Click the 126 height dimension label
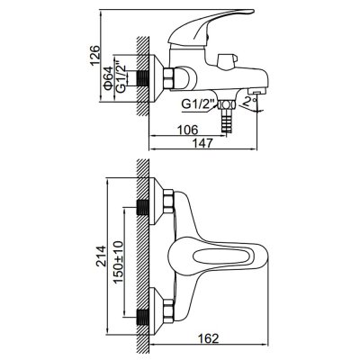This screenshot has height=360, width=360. click(x=94, y=55)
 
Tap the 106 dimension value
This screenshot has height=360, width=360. click(x=187, y=130)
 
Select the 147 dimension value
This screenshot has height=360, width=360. click(x=202, y=143)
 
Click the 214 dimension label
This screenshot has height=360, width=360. click(x=101, y=256)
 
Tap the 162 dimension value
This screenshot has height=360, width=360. click(x=208, y=338)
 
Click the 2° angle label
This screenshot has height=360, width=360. click(x=249, y=102)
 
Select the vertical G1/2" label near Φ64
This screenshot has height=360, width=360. click(x=121, y=76)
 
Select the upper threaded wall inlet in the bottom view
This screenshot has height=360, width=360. click(x=143, y=207)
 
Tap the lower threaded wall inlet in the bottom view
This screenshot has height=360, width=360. click(x=143, y=318)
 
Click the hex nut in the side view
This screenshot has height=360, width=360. click(x=169, y=77)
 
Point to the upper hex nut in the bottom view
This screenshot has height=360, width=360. click(x=168, y=201)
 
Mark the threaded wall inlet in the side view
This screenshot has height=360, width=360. click(x=143, y=78)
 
